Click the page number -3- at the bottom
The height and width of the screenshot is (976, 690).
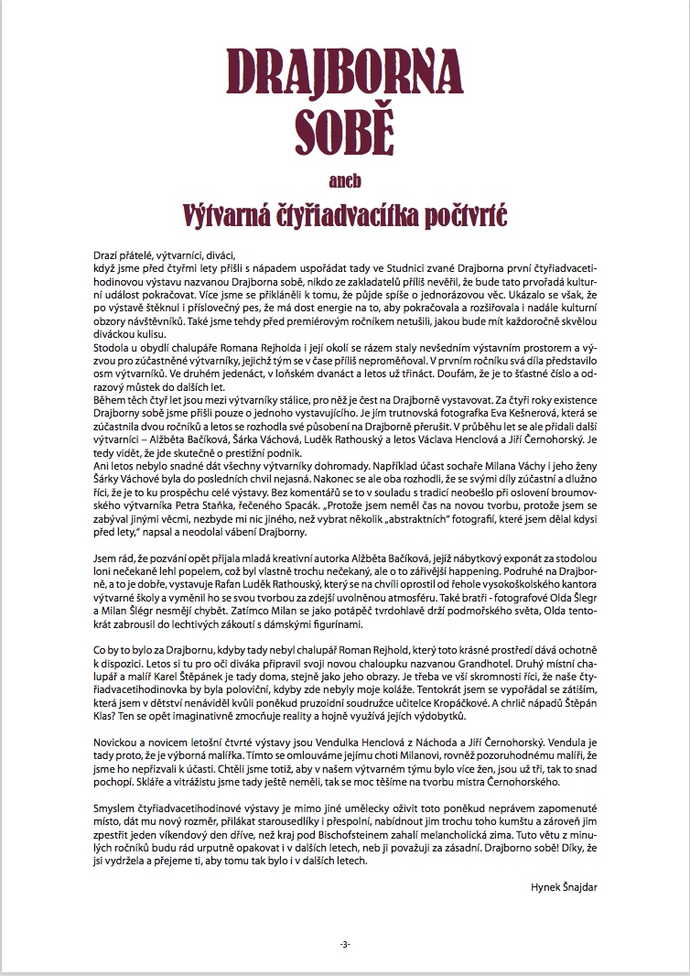pyautogui.click(x=344, y=944)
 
